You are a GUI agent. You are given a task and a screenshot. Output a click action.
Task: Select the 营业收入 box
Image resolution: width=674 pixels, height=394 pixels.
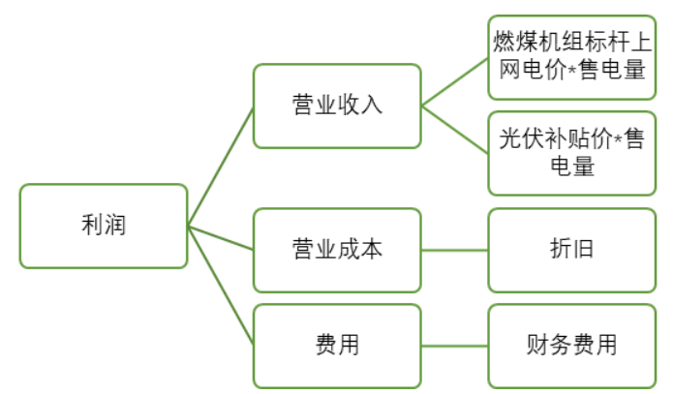pos(337,106)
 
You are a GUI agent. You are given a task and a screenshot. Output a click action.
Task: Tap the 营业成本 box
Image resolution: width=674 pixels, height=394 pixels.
pos(337,250)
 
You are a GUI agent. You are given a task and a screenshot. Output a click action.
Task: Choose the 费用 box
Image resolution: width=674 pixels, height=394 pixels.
pos(337,345)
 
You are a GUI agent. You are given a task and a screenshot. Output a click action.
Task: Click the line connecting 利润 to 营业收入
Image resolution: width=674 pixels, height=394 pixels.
pos(221,166)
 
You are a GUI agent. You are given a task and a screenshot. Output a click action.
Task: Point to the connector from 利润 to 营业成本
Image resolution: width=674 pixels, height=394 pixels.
pos(221,238)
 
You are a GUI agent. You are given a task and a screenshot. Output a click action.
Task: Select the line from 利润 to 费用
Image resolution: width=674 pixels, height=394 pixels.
pos(221,286)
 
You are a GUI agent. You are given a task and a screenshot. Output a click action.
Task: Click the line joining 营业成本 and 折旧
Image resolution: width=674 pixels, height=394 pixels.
pos(455,250)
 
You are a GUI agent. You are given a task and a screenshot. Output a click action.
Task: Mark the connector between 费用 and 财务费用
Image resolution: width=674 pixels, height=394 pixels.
pos(455,345)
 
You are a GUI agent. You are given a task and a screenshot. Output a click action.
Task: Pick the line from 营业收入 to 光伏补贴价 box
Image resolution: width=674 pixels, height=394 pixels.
pos(455,128)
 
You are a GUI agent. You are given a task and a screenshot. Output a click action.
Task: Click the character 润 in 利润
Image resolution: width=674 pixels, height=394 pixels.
pos(115,227)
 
